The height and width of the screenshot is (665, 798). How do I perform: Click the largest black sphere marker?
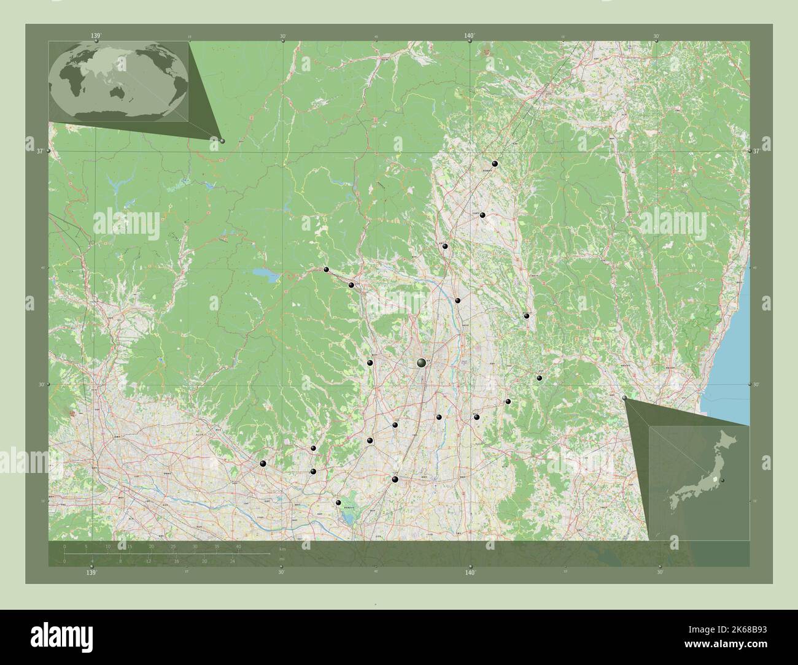[x=421, y=363]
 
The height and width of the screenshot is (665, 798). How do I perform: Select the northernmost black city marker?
[x=495, y=164]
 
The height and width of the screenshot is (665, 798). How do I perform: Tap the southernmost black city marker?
[x=338, y=503]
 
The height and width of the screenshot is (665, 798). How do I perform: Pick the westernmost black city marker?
[x=263, y=464]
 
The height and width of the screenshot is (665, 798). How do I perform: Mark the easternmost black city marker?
[x=540, y=379]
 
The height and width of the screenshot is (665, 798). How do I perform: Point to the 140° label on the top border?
[x=470, y=36]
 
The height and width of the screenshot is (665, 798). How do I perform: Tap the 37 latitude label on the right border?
[x=756, y=151]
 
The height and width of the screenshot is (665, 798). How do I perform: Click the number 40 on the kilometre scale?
[x=238, y=546]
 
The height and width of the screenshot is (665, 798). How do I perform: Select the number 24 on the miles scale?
[x=232, y=561]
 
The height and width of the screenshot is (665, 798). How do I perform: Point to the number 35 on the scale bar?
[x=216, y=546]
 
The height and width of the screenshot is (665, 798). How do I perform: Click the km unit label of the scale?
[x=282, y=549]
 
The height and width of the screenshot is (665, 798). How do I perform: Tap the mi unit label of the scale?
[x=281, y=558]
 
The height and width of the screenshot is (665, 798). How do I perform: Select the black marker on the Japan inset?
[x=723, y=480]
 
